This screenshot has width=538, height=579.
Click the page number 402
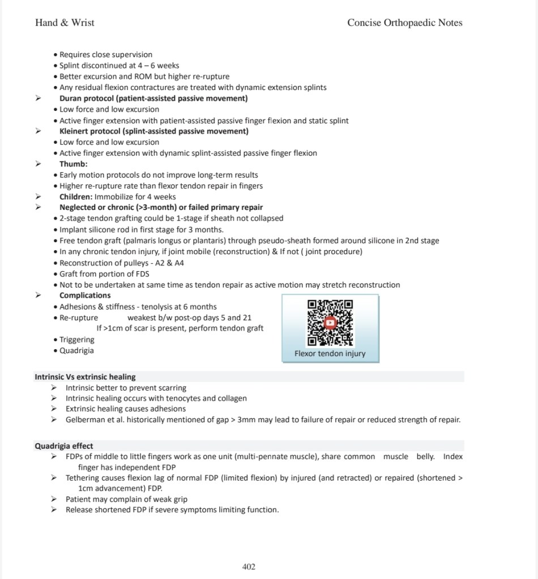249,567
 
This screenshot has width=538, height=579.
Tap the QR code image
330,323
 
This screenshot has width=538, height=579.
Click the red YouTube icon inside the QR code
330,323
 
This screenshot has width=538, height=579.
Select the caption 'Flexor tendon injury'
330,354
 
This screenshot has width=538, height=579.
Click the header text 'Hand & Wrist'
65,23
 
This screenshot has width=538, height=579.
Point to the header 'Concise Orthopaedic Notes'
404,23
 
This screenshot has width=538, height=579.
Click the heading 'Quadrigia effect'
64,446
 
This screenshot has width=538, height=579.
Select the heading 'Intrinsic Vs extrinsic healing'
85,377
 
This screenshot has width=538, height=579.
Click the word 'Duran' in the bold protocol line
71,98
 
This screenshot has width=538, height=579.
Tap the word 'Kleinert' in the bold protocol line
75,131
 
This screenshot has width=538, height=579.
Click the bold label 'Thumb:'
74,164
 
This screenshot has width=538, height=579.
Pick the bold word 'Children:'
76,197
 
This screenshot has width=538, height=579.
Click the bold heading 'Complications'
85,295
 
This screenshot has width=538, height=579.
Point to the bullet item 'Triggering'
77,340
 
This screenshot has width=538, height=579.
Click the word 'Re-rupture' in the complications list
79,318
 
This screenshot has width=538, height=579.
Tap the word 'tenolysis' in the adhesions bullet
154,307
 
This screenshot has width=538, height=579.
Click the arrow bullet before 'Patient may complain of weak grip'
53,499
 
